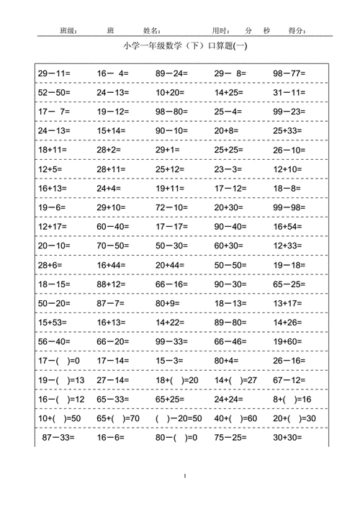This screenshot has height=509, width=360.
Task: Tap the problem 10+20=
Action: click(x=170, y=92)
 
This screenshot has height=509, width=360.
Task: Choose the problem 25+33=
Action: click(x=289, y=130)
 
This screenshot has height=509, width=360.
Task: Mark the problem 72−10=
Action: click(x=171, y=207)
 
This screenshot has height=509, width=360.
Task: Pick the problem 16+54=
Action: click(x=289, y=226)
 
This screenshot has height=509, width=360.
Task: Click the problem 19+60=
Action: click(x=289, y=341)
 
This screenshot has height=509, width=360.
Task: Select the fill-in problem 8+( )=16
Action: click(x=292, y=399)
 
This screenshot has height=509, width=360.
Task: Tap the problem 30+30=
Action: click(x=289, y=437)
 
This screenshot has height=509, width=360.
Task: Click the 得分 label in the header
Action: click(x=297, y=31)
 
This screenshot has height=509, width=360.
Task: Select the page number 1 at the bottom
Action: click(x=185, y=476)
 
